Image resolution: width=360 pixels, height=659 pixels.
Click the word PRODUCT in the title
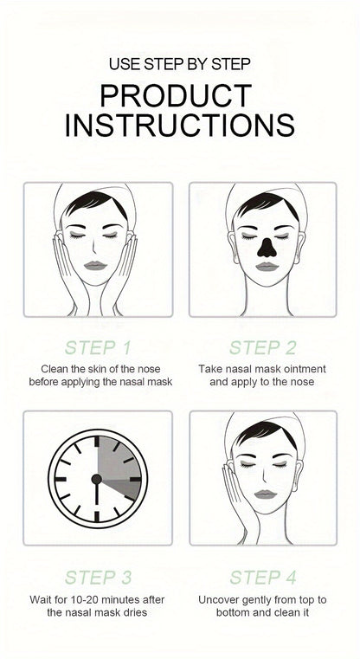click(x=176, y=96)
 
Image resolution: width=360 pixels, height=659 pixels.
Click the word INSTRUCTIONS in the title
click(x=180, y=125)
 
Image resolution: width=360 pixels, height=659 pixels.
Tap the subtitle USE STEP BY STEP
click(x=180, y=64)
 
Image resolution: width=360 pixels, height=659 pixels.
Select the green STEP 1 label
click(x=98, y=348)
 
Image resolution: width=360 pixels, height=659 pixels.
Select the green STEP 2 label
click(x=262, y=348)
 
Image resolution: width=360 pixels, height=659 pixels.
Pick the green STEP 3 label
click(x=99, y=578)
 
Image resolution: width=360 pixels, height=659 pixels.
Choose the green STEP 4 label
click(x=263, y=578)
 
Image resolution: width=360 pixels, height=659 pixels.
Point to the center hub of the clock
click(x=97, y=479)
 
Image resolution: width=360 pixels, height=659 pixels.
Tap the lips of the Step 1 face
click(x=95, y=266)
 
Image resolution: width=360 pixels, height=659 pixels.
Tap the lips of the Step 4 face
click(x=266, y=494)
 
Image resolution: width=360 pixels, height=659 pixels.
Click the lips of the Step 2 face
click(x=267, y=267)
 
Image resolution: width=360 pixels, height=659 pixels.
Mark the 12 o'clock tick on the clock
click(x=97, y=442)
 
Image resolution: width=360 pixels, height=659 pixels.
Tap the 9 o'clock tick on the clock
click(x=61, y=479)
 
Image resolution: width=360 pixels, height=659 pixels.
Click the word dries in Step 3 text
click(x=134, y=612)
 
